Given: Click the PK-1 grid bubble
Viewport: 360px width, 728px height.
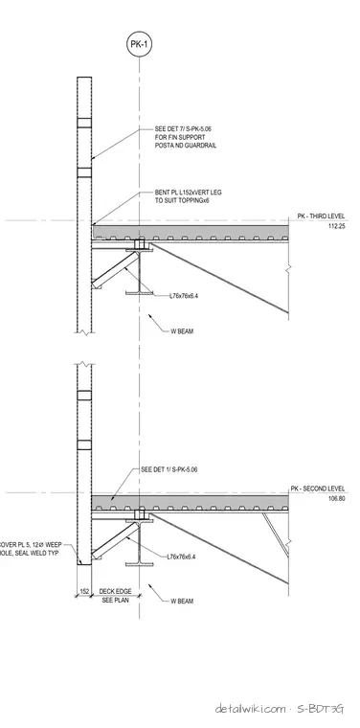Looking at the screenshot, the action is pos(139,45).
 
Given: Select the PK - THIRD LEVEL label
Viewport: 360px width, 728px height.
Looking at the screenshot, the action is pos(321,216).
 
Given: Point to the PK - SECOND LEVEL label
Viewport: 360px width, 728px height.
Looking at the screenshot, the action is pos(318,489).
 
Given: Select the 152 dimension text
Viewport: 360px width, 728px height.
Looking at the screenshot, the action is pos(84,592).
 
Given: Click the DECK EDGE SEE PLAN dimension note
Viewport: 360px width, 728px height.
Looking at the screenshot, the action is pos(116,596).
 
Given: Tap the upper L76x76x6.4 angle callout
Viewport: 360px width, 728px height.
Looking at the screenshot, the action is pos(184,295).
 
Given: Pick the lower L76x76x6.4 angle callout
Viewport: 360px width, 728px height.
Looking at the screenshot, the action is pos(181,557).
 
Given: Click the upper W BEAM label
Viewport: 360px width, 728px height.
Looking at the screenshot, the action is pos(182,331).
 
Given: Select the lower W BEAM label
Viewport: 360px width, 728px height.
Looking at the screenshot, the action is pos(182,602).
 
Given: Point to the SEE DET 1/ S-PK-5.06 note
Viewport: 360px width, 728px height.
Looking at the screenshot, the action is pos(169,470).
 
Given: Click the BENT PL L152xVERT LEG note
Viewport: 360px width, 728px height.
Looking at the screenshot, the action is pos(189,196).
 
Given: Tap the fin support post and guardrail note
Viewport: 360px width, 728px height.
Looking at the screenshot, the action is pos(186,137).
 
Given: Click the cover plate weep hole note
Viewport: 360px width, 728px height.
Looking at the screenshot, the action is pos(30,549).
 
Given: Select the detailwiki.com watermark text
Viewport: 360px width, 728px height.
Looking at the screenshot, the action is pos(250,709).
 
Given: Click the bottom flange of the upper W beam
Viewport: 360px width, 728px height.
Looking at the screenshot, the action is pos(139,293).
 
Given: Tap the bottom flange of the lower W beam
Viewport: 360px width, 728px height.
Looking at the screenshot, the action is pos(139,564).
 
